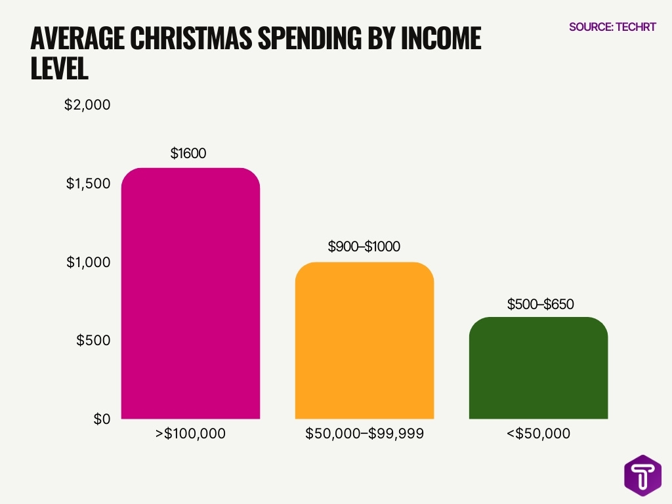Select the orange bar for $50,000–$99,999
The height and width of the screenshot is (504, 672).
[364, 341]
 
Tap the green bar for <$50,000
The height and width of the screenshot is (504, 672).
[538, 367]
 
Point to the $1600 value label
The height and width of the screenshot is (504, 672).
[188, 154]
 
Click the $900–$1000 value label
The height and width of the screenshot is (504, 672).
[364, 247]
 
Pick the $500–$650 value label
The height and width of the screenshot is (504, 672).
[541, 304]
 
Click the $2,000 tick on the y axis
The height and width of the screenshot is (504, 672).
[87, 105]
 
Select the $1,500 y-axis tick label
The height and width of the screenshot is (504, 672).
[88, 184]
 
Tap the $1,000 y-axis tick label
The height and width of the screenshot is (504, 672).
[88, 262]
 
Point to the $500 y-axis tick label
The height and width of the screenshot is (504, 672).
[93, 341]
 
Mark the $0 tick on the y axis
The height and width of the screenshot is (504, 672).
[101, 419]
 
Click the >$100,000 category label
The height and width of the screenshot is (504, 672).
[190, 434]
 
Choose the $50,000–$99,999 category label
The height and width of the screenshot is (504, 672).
[364, 434]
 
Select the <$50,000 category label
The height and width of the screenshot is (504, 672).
[538, 434]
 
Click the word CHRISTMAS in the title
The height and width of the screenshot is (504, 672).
[190, 39]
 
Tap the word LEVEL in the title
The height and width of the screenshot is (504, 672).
[59, 70]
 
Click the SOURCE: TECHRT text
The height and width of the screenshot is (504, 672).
[612, 27]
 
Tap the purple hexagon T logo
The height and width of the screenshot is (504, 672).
[642, 473]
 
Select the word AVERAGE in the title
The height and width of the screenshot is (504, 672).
[78, 39]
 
